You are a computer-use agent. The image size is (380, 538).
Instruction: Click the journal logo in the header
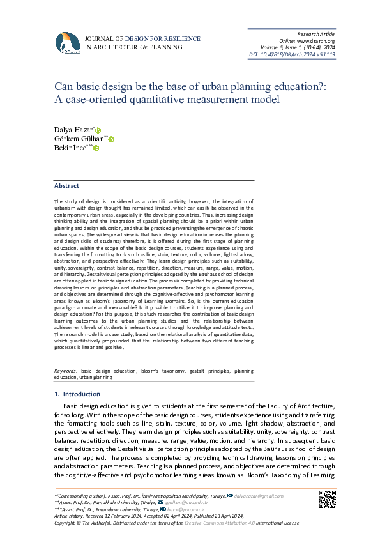click(67, 43)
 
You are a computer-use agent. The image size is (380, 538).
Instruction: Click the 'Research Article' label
click(317, 33)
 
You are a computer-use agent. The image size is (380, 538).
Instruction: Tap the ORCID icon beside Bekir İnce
click(96, 148)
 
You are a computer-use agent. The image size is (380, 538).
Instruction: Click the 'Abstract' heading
click(66, 185)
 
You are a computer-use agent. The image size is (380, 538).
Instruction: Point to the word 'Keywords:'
click(66, 371)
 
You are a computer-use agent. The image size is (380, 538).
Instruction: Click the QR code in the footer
click(326, 498)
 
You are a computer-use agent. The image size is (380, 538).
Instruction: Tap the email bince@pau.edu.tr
click(190, 509)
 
